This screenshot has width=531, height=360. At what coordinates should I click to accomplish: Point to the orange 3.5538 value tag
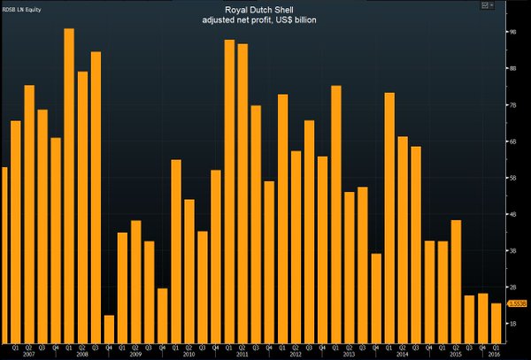tap(518, 303)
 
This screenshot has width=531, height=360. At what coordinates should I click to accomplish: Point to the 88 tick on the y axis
tap(512, 68)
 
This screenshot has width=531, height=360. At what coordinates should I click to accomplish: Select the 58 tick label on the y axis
tap(512, 178)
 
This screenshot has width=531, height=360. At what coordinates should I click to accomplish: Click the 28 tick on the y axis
tap(512, 287)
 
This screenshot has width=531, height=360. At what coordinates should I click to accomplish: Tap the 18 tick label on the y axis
tap(512, 324)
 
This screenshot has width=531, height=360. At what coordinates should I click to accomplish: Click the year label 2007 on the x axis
tap(28, 354)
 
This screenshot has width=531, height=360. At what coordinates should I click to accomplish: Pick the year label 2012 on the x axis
tap(296, 354)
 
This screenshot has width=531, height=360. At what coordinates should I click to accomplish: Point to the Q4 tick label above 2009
tap(162, 346)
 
